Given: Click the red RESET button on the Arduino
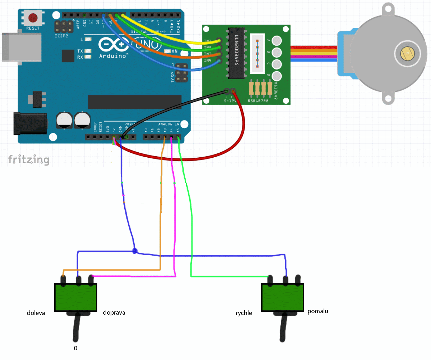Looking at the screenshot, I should [x=33, y=17].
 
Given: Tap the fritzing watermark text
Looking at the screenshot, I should [x=29, y=159].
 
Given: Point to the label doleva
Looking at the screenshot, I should [x=36, y=313].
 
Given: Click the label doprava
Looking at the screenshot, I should [x=114, y=313].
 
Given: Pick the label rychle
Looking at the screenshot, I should [x=244, y=313].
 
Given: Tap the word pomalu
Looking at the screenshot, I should [x=318, y=311].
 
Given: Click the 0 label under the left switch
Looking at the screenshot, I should [x=75, y=348].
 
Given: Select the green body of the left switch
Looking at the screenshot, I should [x=76, y=297].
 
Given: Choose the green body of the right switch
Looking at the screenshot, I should [x=283, y=297].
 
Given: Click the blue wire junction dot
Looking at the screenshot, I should [x=135, y=251].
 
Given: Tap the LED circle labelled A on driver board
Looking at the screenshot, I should [x=277, y=41].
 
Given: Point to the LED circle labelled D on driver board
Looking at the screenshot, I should [x=277, y=76].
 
